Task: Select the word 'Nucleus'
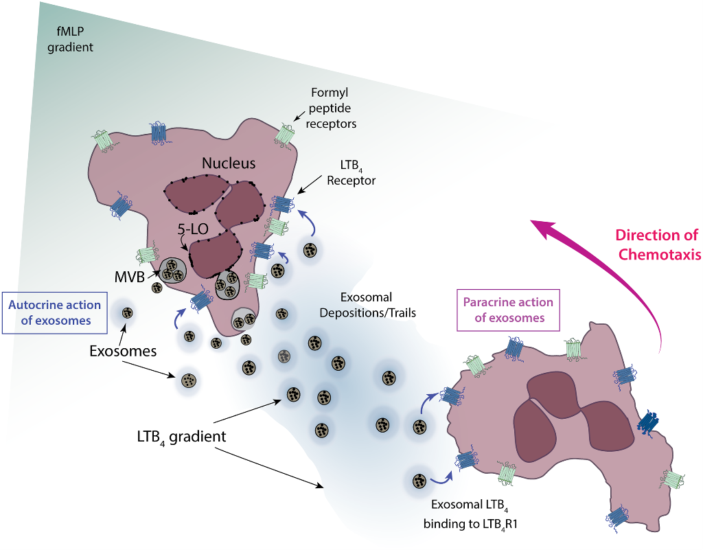(x=229, y=163)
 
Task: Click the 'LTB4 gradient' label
(x=181, y=436)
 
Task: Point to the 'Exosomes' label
(x=123, y=351)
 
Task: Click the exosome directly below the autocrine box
(x=127, y=313)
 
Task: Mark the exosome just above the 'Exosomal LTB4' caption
(x=417, y=480)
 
